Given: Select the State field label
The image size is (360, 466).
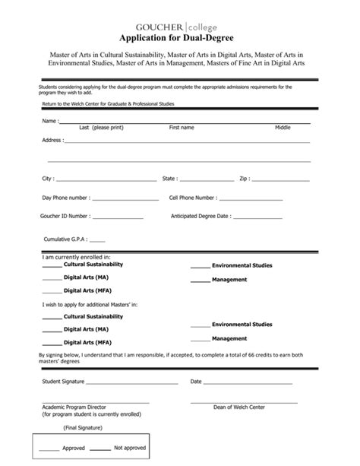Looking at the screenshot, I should point(170,179).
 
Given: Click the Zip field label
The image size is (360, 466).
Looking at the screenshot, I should point(245,179).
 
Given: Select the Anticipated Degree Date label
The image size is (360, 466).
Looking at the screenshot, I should point(201,217).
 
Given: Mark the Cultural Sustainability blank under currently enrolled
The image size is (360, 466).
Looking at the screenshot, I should point(52,267).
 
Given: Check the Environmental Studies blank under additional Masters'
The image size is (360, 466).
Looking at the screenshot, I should point(200,326).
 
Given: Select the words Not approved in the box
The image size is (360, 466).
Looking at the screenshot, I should point(129,449).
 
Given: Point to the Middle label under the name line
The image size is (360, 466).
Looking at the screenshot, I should point(283,128).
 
